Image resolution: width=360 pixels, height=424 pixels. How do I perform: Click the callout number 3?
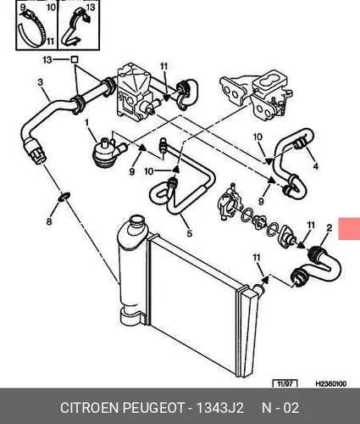[x=41, y=82]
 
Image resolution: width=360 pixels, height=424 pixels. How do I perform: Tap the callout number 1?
[x=86, y=123]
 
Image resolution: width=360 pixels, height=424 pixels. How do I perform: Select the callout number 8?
[x=49, y=221]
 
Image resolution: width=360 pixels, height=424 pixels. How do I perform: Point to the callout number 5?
[x=190, y=233]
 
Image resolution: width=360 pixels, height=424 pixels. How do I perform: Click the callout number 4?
[x=316, y=166]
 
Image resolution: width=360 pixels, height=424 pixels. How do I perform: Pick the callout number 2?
[x=330, y=228]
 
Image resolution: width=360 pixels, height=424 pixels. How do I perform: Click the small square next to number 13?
[x=75, y=59]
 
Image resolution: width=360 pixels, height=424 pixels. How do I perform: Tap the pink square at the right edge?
[x=349, y=228]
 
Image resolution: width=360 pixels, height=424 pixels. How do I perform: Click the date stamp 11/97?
[x=285, y=384]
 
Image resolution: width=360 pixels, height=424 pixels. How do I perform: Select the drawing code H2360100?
[x=331, y=384]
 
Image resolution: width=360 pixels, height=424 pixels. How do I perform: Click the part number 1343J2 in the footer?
[x=219, y=408]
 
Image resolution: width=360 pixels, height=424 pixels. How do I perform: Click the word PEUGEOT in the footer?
[x=153, y=408]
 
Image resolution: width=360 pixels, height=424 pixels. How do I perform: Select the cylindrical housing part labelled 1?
[x=105, y=152]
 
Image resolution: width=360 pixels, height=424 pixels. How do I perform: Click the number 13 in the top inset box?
[x=91, y=7]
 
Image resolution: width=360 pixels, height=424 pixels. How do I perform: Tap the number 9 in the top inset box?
[x=23, y=7]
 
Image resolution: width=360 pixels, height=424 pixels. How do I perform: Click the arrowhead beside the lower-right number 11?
[x=263, y=279]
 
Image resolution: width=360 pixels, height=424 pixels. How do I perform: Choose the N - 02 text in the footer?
[x=280, y=408]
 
